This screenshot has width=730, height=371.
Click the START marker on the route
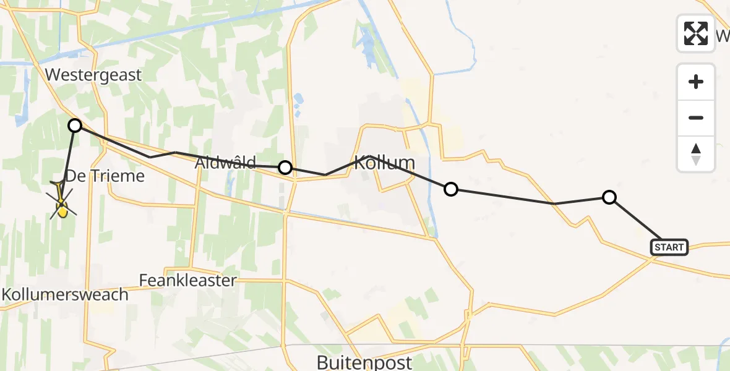point(669,247)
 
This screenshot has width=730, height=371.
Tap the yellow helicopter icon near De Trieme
point(62,204)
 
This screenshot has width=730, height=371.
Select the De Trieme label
point(105,176)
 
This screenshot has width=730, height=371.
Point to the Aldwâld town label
point(225,163)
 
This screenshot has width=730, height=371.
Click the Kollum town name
point(384,163)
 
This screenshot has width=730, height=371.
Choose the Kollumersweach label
point(65,294)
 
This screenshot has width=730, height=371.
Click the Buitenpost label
point(364,361)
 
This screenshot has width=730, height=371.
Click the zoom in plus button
point(696,82)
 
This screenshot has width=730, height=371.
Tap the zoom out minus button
point(696,117)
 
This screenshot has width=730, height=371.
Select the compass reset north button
point(696,153)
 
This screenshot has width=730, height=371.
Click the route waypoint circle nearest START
point(609,197)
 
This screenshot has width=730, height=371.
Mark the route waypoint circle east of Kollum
point(451,189)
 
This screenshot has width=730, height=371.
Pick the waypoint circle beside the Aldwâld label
point(285,167)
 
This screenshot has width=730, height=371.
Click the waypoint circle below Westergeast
point(75,126)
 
